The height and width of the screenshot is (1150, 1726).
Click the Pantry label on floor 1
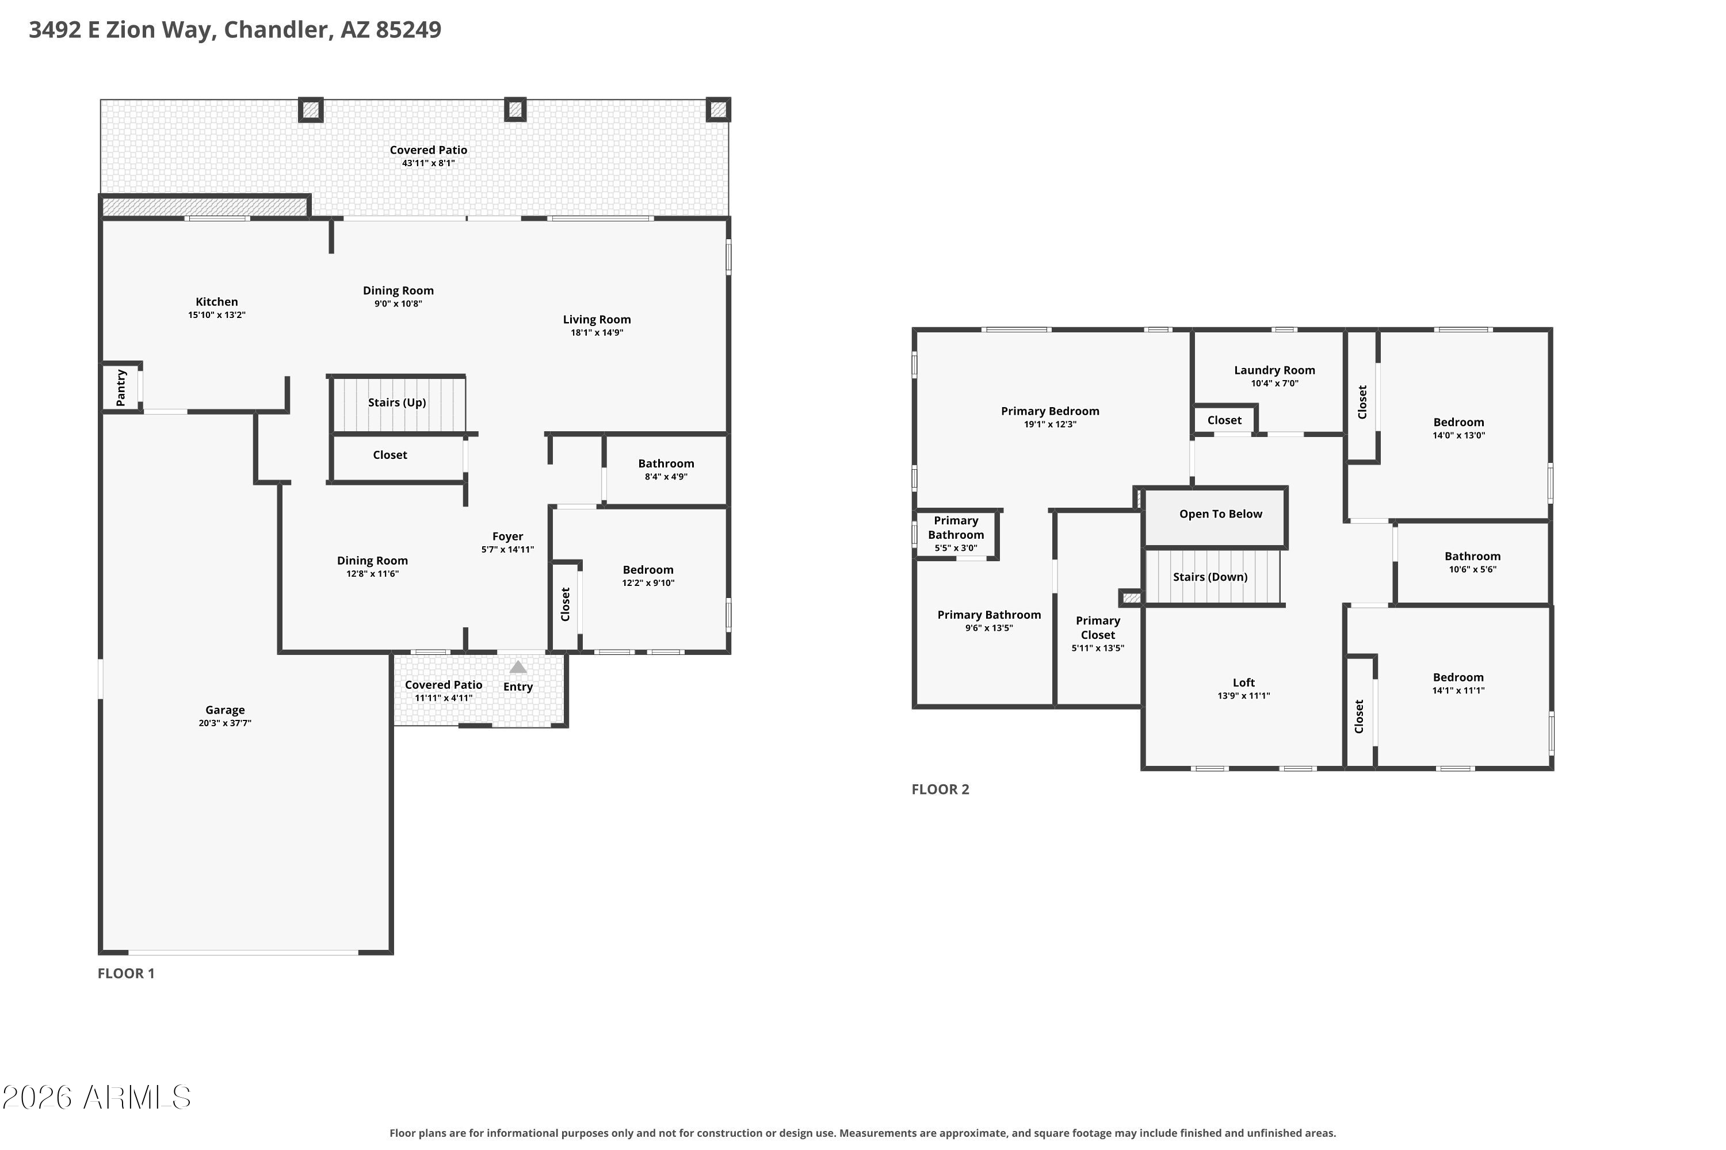click(121, 387)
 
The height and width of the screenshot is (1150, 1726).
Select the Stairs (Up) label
click(397, 402)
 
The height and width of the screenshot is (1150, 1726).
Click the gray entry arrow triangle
click(518, 666)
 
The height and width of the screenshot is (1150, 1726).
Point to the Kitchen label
click(216, 301)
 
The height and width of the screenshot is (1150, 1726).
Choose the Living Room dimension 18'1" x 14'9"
click(597, 332)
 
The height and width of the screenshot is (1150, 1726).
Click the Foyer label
click(508, 536)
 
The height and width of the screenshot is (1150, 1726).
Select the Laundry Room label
click(1275, 370)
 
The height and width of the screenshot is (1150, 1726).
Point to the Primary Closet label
click(1098, 628)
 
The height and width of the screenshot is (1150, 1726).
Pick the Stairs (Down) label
click(1210, 577)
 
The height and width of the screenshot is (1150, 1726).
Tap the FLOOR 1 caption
click(126, 973)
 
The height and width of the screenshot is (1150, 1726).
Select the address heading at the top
click(235, 29)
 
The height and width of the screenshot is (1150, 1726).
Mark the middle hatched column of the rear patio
click(515, 110)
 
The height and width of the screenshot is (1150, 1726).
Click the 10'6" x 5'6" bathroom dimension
click(1472, 569)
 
